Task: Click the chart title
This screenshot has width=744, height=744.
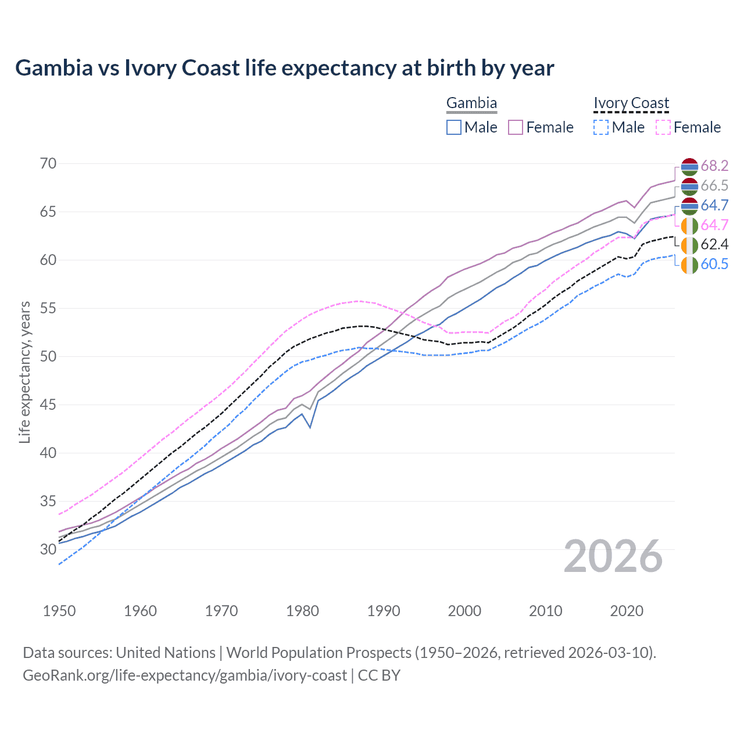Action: point(285,68)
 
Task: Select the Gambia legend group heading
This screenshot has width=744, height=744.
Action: point(471,103)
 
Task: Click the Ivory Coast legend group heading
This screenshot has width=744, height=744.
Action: point(631,103)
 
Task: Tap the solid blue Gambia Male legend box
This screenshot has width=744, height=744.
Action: point(454,127)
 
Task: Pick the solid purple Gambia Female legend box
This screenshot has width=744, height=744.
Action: point(516,127)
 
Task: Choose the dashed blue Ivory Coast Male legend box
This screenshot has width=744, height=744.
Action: point(601,127)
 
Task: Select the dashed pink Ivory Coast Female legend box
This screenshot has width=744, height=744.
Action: point(663,127)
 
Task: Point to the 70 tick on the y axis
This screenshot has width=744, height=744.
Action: point(48,163)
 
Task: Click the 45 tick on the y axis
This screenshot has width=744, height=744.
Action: point(48,405)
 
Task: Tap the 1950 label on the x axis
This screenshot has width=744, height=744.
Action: point(59,611)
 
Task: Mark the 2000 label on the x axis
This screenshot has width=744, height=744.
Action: point(465,611)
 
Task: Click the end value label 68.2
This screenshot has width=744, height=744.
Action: point(714,166)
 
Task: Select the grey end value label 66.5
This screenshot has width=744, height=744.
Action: point(714,185)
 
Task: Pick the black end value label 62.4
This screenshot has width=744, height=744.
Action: point(714,244)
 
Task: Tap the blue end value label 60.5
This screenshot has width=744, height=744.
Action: point(714,264)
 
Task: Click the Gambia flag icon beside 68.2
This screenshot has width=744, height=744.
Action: point(689,166)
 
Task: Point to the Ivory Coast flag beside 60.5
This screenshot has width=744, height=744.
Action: point(689,264)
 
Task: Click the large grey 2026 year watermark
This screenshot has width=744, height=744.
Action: point(613,556)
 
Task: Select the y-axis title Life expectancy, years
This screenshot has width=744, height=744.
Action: point(24,372)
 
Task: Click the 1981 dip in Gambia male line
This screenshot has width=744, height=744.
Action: point(310,428)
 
